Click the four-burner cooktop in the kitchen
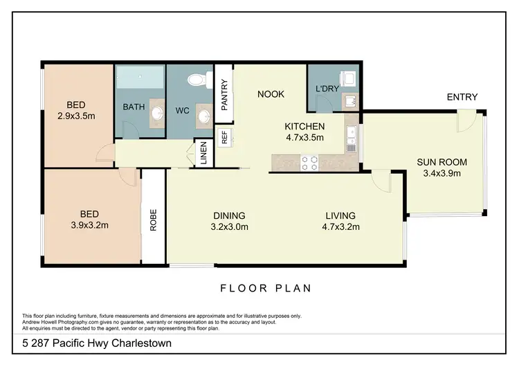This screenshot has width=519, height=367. [308, 163]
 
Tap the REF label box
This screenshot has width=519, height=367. [224, 136]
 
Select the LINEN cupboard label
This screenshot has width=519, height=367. [203, 153]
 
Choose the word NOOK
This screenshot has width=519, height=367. [271, 94]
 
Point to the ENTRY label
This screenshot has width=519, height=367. [462, 97]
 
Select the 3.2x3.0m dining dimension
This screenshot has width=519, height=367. [229, 226]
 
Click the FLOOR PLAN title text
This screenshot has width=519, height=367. [265, 288]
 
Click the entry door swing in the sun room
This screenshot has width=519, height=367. [466, 123]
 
